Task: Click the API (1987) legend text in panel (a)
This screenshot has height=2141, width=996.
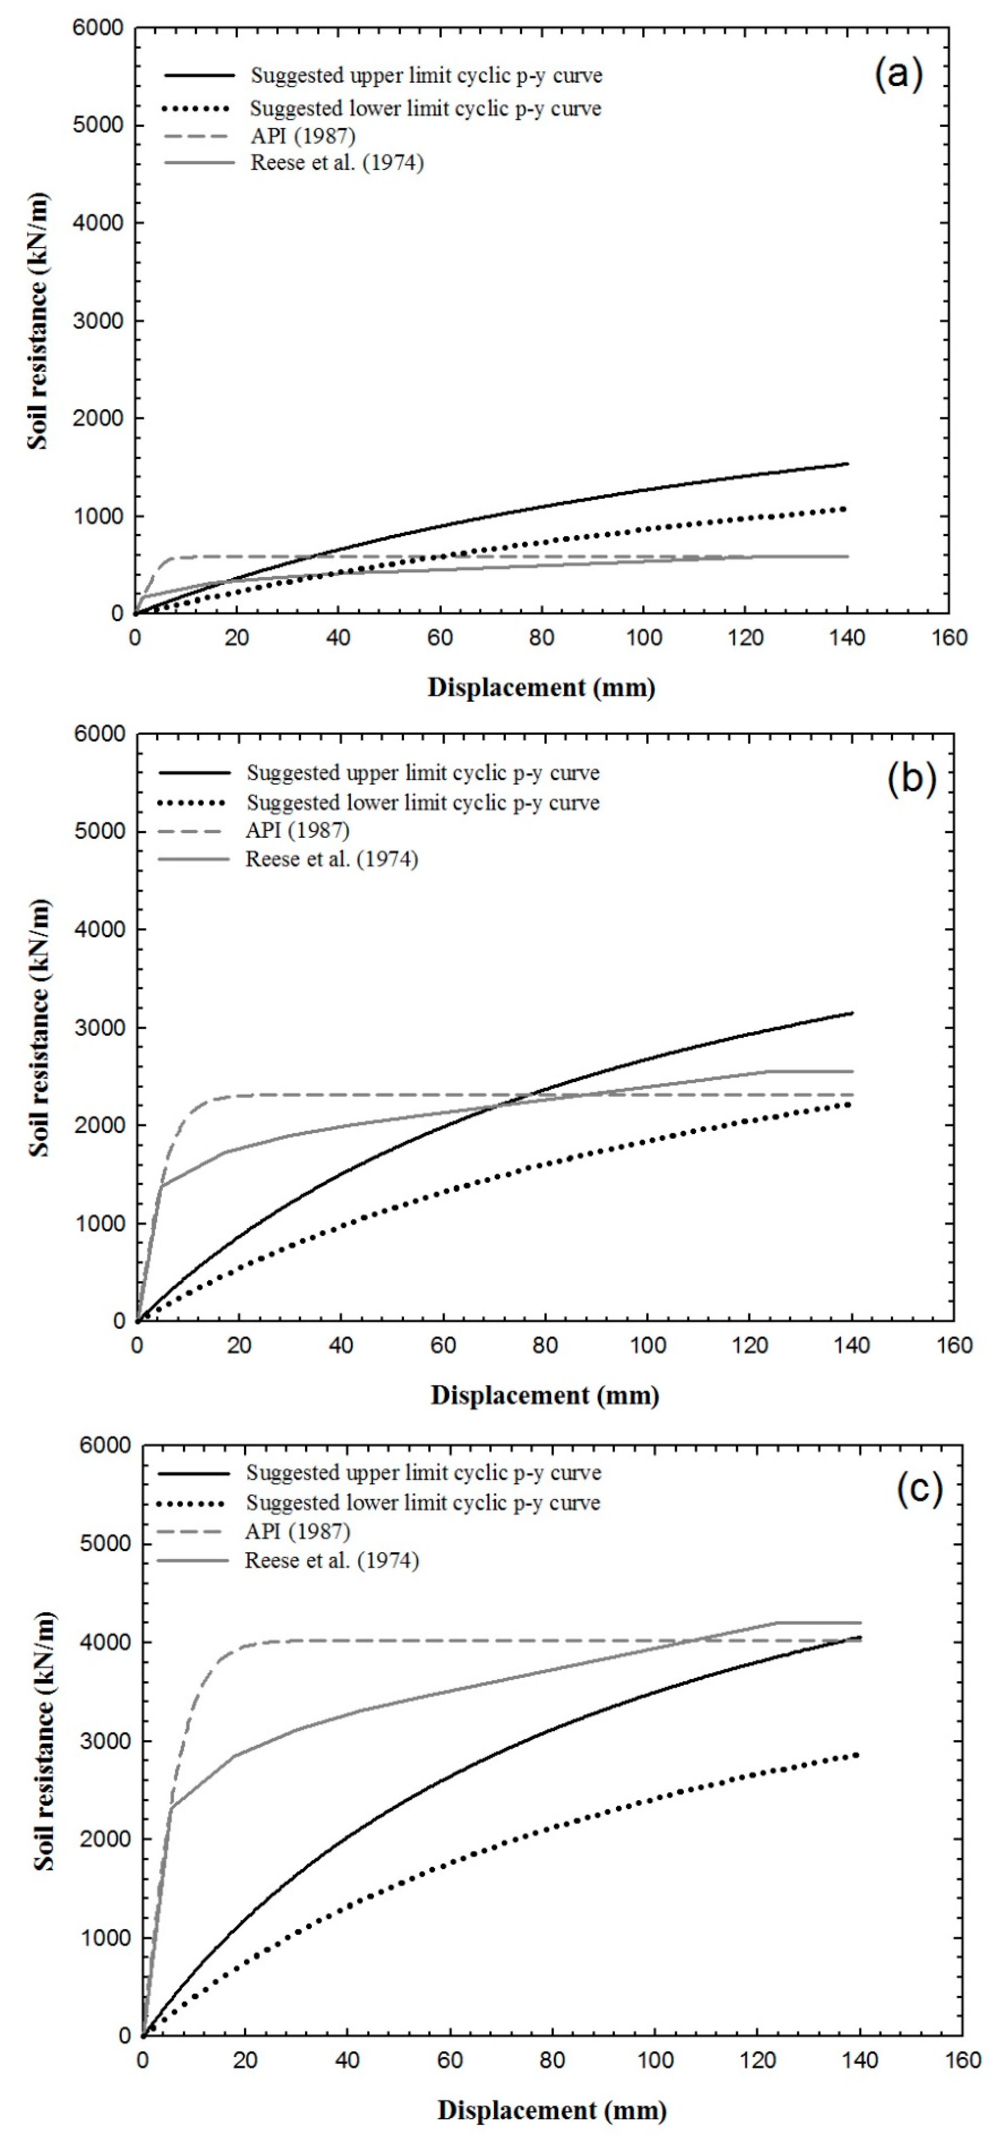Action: point(303,136)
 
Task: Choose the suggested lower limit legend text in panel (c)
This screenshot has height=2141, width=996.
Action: point(422,1503)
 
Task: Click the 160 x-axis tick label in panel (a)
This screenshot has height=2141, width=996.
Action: point(949,638)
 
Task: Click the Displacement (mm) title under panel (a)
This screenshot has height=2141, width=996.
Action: point(541,688)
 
